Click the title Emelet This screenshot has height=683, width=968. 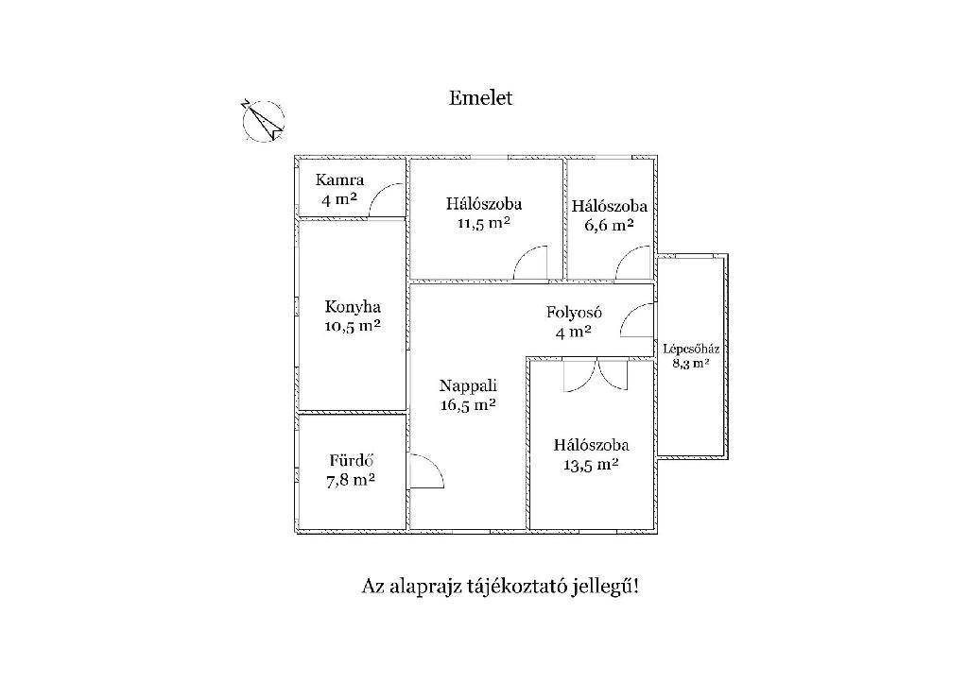[x=480, y=98]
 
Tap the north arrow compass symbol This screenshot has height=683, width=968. [x=264, y=120]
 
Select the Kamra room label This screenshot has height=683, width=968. [x=339, y=180]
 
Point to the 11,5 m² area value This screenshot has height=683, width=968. [x=483, y=222]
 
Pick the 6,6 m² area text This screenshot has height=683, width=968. [x=609, y=225]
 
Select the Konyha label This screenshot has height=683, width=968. [x=353, y=307]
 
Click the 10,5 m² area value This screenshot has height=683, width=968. [x=353, y=326]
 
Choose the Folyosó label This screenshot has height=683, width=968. [x=574, y=312]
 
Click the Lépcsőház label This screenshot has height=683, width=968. [x=691, y=349]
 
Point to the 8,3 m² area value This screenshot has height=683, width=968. [x=691, y=363]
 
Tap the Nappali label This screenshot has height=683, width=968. [x=468, y=385]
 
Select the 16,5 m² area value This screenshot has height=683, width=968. [x=468, y=404]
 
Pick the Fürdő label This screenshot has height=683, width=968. [x=352, y=460]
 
